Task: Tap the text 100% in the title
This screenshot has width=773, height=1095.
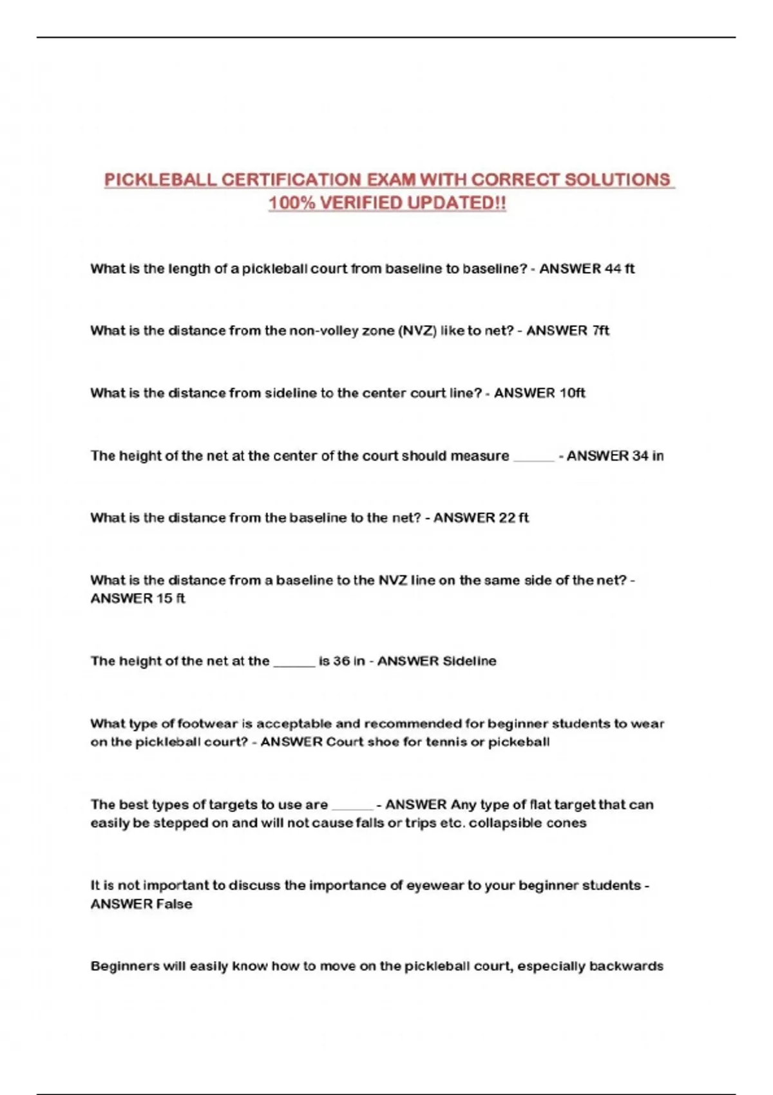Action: point(291,203)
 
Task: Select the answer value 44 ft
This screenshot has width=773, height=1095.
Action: point(620,269)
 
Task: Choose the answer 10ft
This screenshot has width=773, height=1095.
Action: point(572,393)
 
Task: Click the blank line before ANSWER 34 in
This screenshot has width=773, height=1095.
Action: point(534,457)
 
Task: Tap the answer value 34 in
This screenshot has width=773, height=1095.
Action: point(647,455)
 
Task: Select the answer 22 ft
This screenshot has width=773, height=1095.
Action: point(513,518)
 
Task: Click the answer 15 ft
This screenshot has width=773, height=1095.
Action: point(170,598)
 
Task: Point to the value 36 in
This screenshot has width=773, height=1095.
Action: point(349,661)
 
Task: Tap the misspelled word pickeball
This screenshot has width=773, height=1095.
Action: point(519,742)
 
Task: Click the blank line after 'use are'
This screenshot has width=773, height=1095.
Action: point(352,806)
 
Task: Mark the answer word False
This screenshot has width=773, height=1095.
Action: point(174,904)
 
